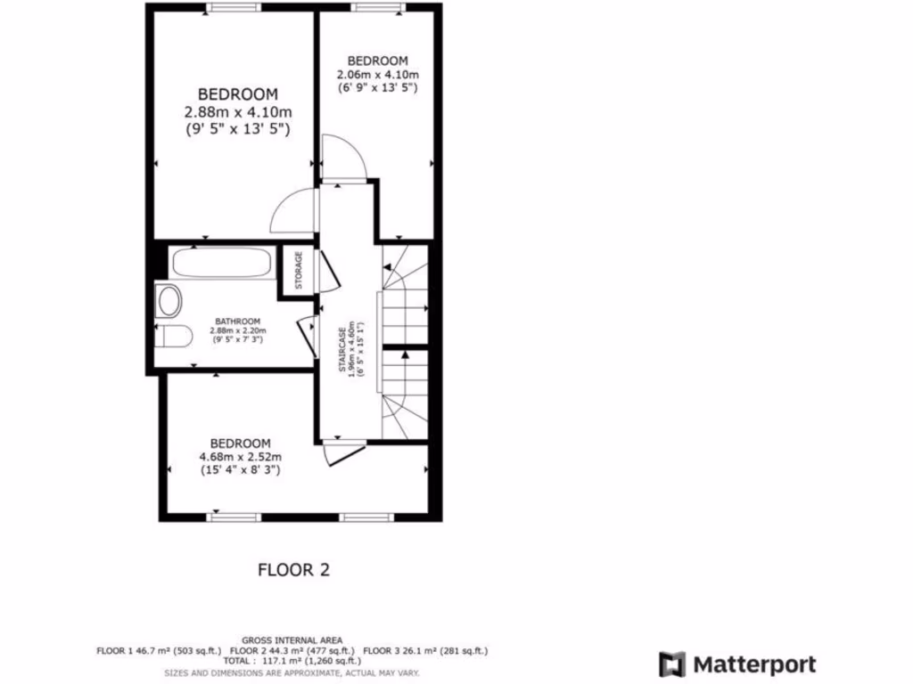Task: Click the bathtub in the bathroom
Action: (x=223, y=263)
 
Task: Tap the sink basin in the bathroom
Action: (x=169, y=301)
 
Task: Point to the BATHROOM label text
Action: (x=237, y=322)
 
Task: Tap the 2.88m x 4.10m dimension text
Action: (x=238, y=112)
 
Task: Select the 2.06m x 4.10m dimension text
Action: (x=377, y=74)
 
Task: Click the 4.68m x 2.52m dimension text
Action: (x=240, y=458)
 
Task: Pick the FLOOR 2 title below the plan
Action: (x=293, y=570)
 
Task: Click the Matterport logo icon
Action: (x=672, y=664)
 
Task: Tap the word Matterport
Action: (x=754, y=664)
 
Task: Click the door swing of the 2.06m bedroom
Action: (x=342, y=159)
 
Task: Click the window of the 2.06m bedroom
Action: (x=377, y=7)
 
